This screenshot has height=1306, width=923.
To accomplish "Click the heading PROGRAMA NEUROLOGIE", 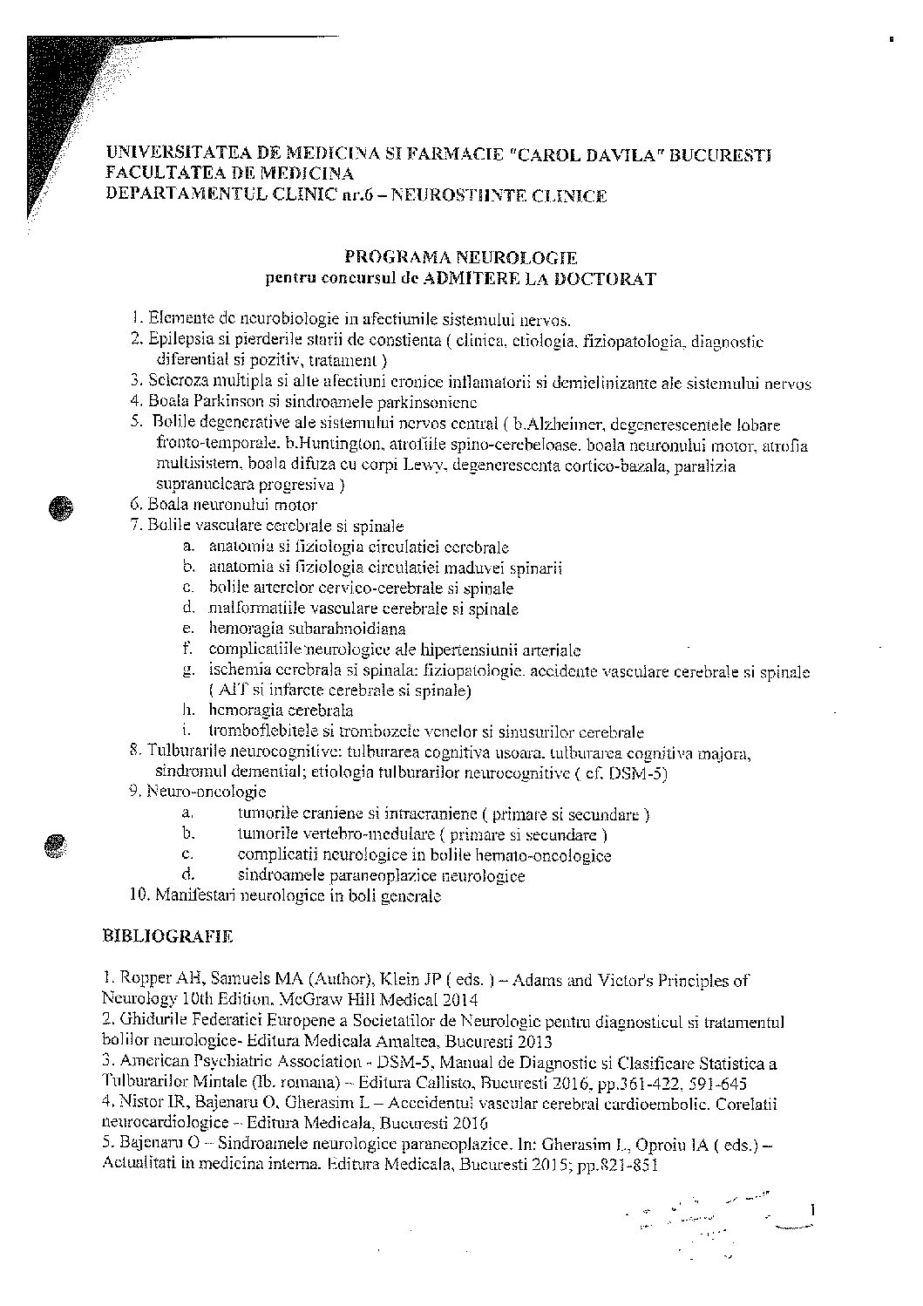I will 460,257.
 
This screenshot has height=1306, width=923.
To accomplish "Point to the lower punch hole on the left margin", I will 54,843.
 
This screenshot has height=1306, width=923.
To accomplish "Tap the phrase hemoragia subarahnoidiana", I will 307,629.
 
